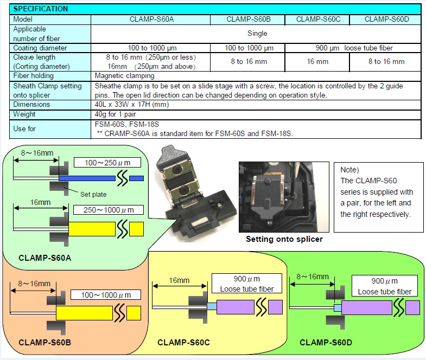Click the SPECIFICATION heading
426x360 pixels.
coord(41,9)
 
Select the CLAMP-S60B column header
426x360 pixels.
coord(249,20)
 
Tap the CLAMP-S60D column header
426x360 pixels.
coord(386,20)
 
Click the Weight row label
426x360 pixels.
coord(24,114)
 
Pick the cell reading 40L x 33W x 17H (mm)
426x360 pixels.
coord(132,105)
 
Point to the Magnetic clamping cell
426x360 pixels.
coord(124,76)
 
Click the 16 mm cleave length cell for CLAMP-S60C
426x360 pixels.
coord(317,62)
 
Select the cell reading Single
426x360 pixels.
coord(257,34)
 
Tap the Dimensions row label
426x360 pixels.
coord(31,105)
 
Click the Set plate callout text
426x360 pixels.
coord(93,195)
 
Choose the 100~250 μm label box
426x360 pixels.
coord(107,163)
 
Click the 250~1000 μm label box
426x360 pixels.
coord(109,210)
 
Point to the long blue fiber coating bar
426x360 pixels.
coord(87,178)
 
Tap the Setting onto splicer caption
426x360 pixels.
coord(284,239)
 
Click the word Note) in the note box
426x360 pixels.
coord(349,170)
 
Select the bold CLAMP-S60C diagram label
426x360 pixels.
coord(183,343)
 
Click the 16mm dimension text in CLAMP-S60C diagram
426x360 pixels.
coord(179,280)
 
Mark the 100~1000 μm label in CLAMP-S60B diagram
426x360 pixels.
coord(106,295)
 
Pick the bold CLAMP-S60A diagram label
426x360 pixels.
coord(45,258)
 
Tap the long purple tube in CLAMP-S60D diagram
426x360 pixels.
coord(367,307)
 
